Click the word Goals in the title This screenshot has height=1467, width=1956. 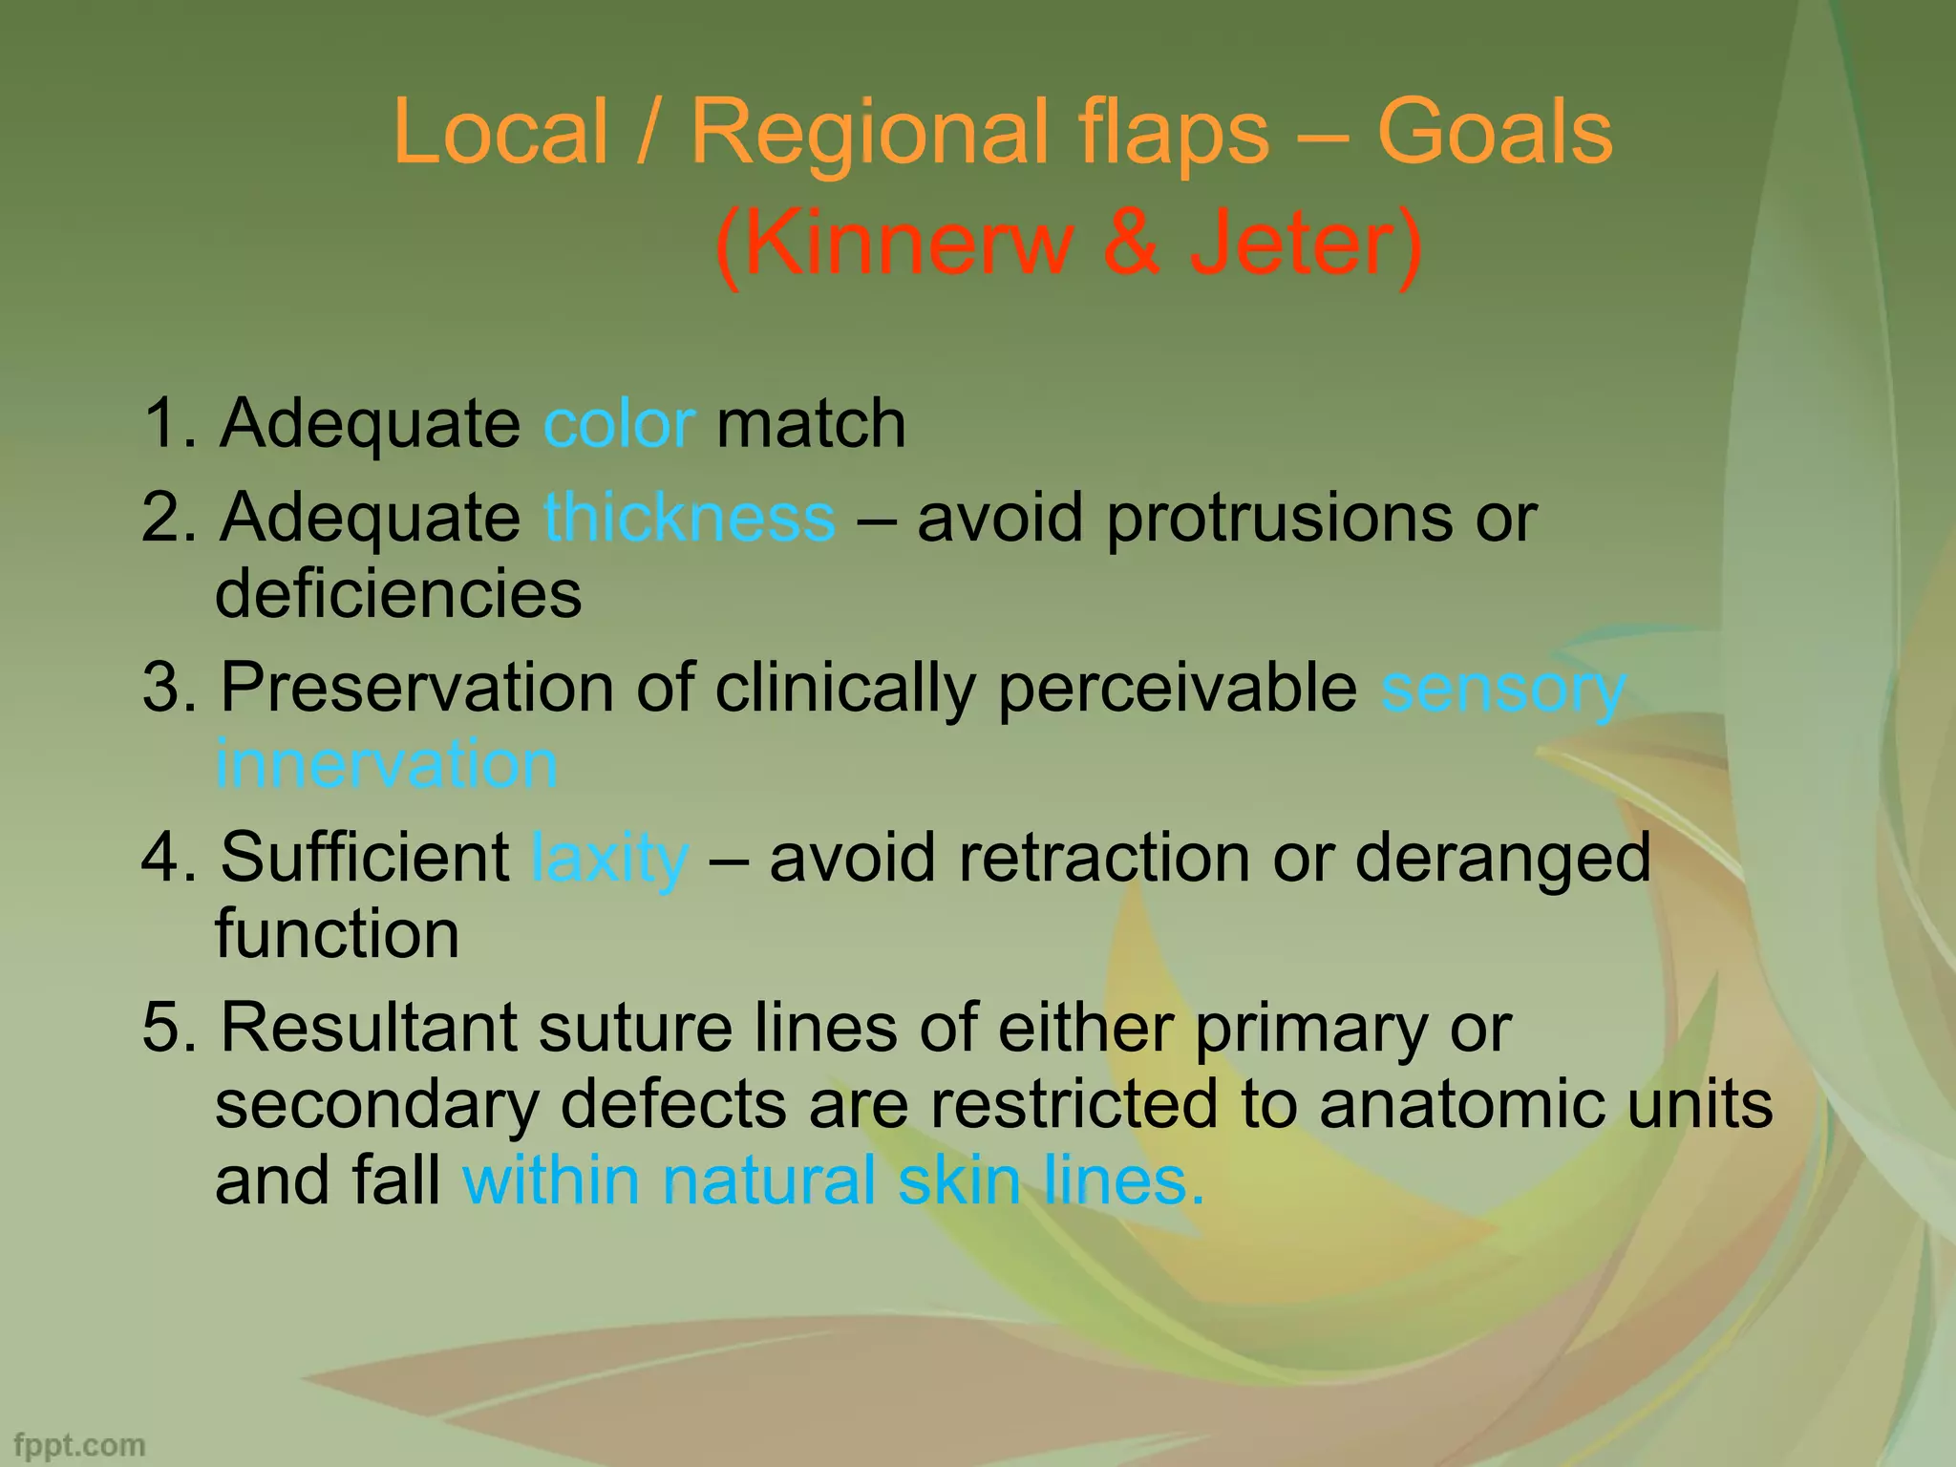1494,133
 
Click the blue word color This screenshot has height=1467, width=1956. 619,423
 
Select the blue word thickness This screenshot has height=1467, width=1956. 690,517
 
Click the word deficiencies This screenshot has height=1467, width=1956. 398,593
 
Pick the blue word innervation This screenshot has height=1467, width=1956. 386,763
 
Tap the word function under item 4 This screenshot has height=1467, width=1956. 337,933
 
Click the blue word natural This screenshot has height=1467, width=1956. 769,1180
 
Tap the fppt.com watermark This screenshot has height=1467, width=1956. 80,1445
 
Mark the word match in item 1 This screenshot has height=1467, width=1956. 811,423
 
